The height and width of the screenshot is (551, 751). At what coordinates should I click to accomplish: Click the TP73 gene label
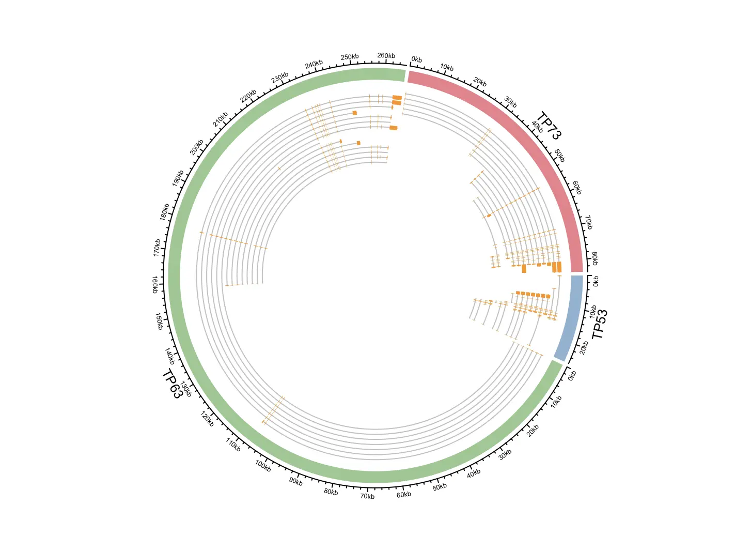pos(548,126)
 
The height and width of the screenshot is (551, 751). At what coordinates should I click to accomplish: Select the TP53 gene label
pos(600,324)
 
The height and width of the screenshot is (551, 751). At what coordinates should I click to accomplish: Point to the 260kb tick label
pos(386,56)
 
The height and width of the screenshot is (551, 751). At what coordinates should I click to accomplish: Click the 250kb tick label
pos(350,57)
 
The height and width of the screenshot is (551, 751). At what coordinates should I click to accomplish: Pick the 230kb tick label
pos(280,78)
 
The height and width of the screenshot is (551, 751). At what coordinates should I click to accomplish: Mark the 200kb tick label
pos(196,147)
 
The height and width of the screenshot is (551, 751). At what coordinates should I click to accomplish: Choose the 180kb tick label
pos(165,212)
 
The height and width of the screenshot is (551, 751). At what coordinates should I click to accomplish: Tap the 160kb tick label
pos(155,285)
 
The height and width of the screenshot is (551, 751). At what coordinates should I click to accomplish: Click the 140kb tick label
pos(170,356)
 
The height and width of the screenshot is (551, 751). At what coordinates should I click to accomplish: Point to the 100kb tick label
pos(263,466)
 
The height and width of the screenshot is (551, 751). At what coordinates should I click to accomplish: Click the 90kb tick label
pos(296,481)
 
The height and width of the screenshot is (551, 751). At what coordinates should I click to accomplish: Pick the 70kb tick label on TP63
pos(367,496)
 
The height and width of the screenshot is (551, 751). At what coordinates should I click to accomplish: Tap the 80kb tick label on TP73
pos(594,258)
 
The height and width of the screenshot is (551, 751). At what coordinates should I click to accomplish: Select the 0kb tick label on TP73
pos(417,59)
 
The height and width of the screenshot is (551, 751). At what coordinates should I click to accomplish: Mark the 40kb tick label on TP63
pos(474,473)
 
